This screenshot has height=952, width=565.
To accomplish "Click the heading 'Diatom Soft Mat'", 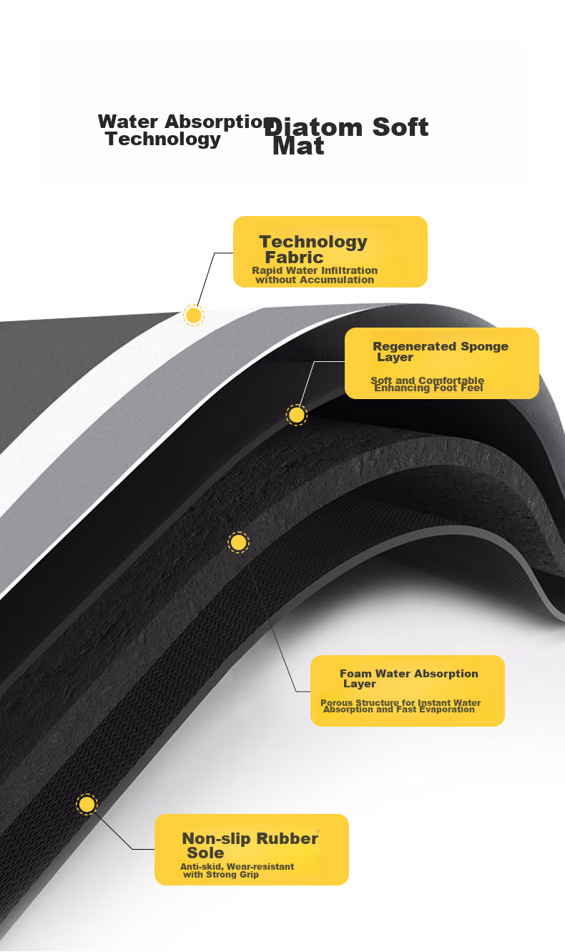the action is pyautogui.click(x=346, y=136).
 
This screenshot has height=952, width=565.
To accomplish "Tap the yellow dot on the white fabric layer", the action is pyautogui.click(x=194, y=315).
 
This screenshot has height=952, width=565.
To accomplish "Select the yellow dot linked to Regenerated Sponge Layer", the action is pyautogui.click(x=297, y=415).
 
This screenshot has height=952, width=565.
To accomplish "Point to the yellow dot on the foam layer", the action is pyautogui.click(x=238, y=543).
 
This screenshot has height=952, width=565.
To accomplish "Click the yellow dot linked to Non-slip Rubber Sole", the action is pyautogui.click(x=87, y=805).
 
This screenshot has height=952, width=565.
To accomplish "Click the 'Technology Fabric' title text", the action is pyautogui.click(x=313, y=250).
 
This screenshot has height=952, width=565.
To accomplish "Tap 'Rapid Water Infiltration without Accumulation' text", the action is pyautogui.click(x=315, y=275).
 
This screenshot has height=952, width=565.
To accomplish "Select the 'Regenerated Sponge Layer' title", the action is pyautogui.click(x=441, y=351).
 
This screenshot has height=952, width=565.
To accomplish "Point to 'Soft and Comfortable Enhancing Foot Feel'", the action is pyautogui.click(x=428, y=384).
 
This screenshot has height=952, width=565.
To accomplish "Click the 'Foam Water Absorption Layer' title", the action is pyautogui.click(x=409, y=678).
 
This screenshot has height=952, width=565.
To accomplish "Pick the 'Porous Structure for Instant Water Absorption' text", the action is pyautogui.click(x=401, y=706).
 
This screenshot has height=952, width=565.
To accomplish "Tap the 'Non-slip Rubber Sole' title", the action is pyautogui.click(x=250, y=845).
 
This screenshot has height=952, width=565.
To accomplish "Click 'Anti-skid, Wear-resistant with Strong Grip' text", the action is pyautogui.click(x=237, y=870).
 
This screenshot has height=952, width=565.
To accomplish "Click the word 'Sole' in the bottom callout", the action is pyautogui.click(x=205, y=853).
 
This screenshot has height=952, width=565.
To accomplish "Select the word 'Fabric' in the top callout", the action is pyautogui.click(x=295, y=257).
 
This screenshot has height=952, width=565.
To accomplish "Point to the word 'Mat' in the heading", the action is pyautogui.click(x=298, y=147).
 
